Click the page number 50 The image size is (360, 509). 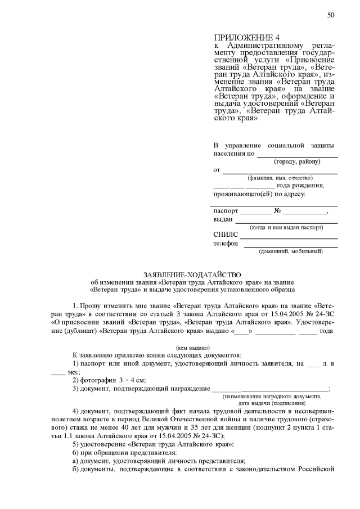331,15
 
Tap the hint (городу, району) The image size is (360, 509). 297,162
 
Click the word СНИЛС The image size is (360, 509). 226,235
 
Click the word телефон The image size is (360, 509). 226,244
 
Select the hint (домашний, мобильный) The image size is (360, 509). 291,251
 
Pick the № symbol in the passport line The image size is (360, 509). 277,211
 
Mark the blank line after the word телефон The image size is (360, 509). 289,246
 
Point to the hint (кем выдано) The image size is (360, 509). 192,348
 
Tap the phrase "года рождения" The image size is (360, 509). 300,186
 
